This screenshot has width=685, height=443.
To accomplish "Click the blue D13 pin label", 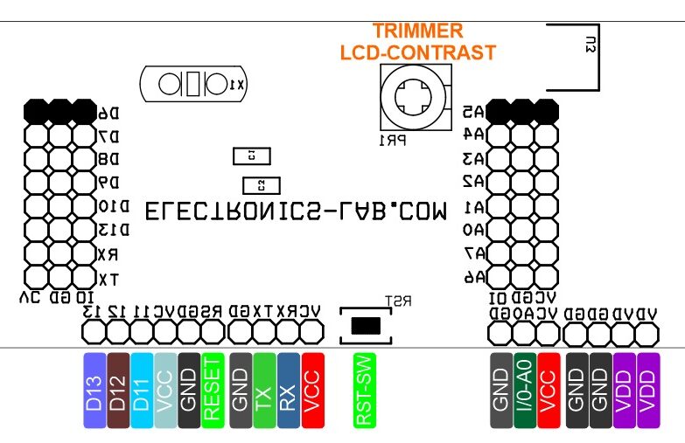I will coord(94,391).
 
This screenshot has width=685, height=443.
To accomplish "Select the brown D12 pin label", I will coord(118,391).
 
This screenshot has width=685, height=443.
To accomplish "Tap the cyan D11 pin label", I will coord(142,391).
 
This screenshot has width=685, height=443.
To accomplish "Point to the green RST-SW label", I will coord(366,391).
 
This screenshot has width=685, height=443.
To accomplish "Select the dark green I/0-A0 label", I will coord(524,391).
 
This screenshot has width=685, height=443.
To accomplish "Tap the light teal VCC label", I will coord(165,391).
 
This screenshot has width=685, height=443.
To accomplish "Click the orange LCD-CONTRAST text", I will coord(417,52).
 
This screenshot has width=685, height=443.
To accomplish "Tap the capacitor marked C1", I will coord(252,156).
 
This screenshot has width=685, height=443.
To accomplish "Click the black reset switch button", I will coord(366,326).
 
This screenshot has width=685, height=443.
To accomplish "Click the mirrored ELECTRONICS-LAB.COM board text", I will coord(296,211).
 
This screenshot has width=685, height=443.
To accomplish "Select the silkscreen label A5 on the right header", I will coord(473,112).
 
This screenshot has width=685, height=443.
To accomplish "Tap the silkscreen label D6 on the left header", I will coord(108,113).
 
